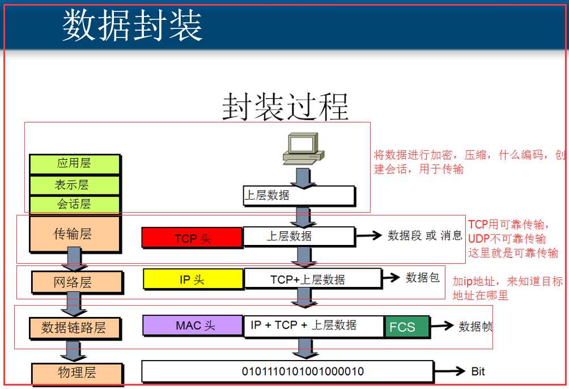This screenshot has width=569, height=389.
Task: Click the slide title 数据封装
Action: point(133,26)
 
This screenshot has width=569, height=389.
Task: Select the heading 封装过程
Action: point(285,107)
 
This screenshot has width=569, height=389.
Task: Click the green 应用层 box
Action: point(74,164)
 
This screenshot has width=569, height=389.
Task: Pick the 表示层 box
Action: point(74,185)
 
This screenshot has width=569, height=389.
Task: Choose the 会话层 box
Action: point(74,204)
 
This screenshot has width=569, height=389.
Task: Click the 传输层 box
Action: point(75,234)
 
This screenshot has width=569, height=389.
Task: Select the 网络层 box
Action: point(77,282)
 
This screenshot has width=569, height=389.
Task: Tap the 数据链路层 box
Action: point(75,328)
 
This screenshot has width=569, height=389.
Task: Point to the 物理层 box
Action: point(77,373)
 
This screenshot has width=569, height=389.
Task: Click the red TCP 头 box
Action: point(192,238)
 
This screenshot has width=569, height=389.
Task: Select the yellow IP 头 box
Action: point(193,280)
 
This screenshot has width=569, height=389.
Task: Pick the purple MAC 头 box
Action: point(193,325)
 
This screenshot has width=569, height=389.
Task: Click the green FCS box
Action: point(407,327)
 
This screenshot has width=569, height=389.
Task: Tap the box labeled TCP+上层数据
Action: point(313,279)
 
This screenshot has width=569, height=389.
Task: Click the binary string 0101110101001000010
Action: point(303,371)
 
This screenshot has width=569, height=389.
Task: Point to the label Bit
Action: point(478,371)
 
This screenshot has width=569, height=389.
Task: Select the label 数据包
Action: point(423,278)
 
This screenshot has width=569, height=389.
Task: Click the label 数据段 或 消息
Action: point(424,236)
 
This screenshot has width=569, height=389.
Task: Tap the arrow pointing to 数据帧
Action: point(441,325)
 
